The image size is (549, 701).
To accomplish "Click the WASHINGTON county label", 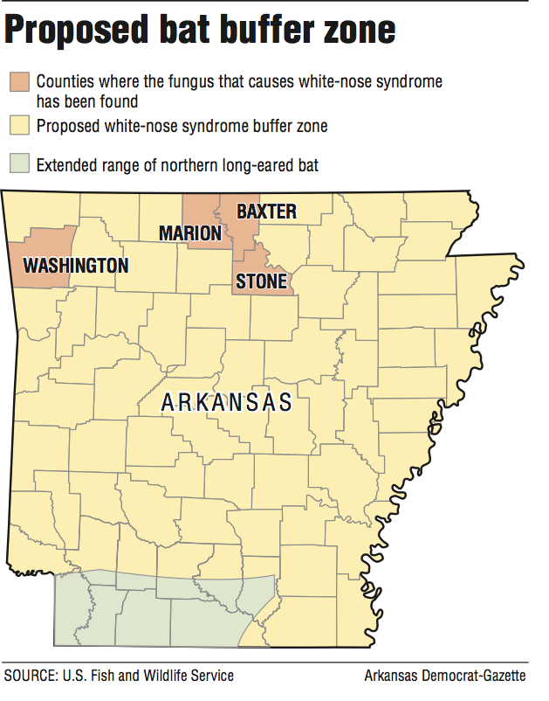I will click(76, 265).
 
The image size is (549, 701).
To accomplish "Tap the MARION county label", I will click(190, 233).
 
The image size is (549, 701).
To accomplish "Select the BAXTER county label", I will click(267, 212).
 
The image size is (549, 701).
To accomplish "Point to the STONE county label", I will click(261, 281).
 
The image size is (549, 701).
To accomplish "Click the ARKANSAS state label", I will click(227, 404).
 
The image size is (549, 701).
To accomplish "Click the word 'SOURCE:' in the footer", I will click(32, 676).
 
